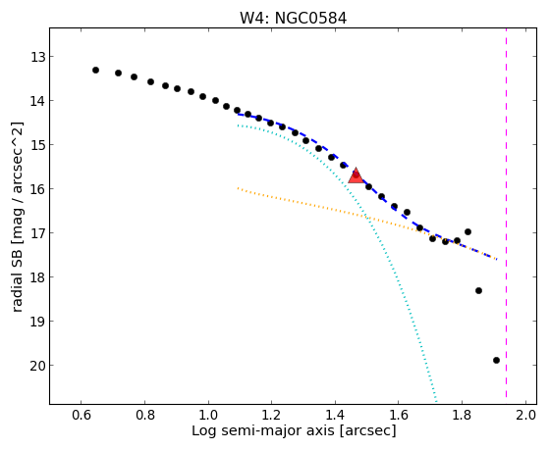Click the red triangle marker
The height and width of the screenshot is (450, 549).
point(356,175)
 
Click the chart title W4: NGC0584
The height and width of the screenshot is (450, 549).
point(293,19)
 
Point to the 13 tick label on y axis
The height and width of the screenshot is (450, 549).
point(38,57)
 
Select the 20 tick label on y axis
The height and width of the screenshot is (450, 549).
point(38,366)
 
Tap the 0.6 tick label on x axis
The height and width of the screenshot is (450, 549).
point(82,415)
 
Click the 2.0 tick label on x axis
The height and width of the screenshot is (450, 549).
point(525,415)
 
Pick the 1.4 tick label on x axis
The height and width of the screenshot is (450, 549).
point(335,415)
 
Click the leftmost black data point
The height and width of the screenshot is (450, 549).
point(95,71)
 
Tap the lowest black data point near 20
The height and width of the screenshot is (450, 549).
point(496,361)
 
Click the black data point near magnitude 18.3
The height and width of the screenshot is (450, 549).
point(478,291)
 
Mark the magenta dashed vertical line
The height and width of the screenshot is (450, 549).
point(507,213)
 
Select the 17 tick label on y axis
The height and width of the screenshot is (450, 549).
point(38,233)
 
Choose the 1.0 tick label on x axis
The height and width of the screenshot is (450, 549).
point(208,415)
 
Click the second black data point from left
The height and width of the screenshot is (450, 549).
point(118,74)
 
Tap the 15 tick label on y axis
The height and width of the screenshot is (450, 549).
point(38,145)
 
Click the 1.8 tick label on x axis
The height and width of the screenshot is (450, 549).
point(463,415)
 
